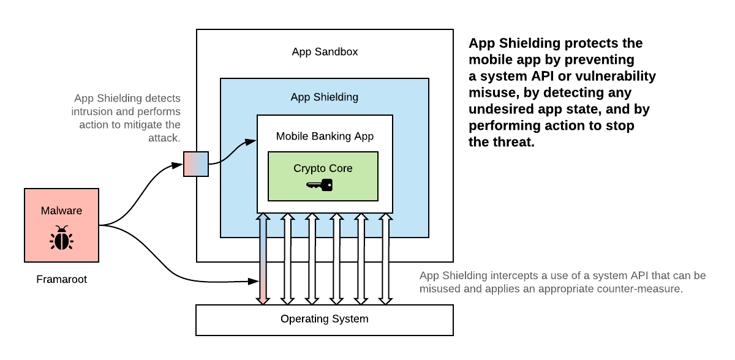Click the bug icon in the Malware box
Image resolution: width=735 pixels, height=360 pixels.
click(61, 238)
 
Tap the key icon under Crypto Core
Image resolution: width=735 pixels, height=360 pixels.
click(319, 185)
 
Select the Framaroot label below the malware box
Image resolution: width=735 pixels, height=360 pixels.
click(61, 279)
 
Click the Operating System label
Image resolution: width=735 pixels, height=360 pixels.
click(324, 318)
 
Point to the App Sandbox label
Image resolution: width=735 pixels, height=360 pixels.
click(325, 51)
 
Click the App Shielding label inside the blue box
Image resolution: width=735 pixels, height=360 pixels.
click(324, 97)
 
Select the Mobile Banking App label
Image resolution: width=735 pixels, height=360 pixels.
click(324, 136)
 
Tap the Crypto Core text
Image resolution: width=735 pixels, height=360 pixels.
click(323, 168)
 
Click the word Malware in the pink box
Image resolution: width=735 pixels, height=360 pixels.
click(61, 211)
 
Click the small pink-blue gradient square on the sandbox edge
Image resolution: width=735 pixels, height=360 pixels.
click(196, 163)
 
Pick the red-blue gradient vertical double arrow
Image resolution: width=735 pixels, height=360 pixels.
click(262, 258)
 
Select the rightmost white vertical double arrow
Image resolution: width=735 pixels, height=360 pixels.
click(385, 258)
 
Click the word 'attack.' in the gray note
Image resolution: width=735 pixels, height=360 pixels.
click(165, 138)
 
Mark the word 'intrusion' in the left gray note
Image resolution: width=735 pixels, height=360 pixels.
click(92, 111)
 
